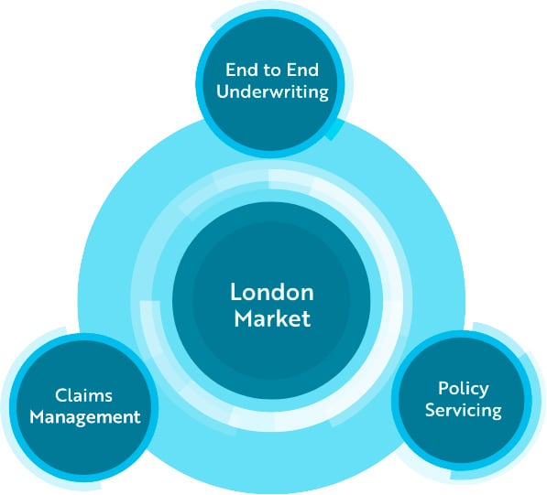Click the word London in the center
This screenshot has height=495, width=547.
coord(271,293)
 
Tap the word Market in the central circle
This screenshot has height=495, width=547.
coord(271,318)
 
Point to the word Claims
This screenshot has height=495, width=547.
coord(84,395)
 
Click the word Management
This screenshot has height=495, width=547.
coord(84,417)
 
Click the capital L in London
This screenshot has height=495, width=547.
coord(235,293)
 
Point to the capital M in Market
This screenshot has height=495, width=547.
coord(242,318)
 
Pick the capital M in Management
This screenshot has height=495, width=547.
coord(37,417)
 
